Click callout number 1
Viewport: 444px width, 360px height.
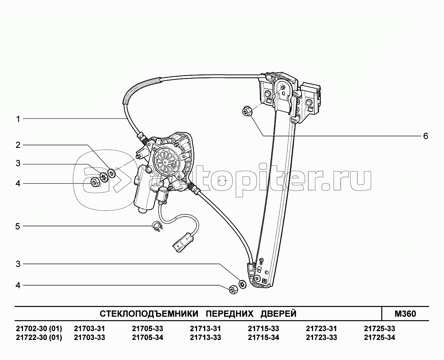18,119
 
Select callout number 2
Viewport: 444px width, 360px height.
18,145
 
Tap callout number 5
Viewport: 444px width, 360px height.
18,226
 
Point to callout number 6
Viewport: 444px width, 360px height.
426,136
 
